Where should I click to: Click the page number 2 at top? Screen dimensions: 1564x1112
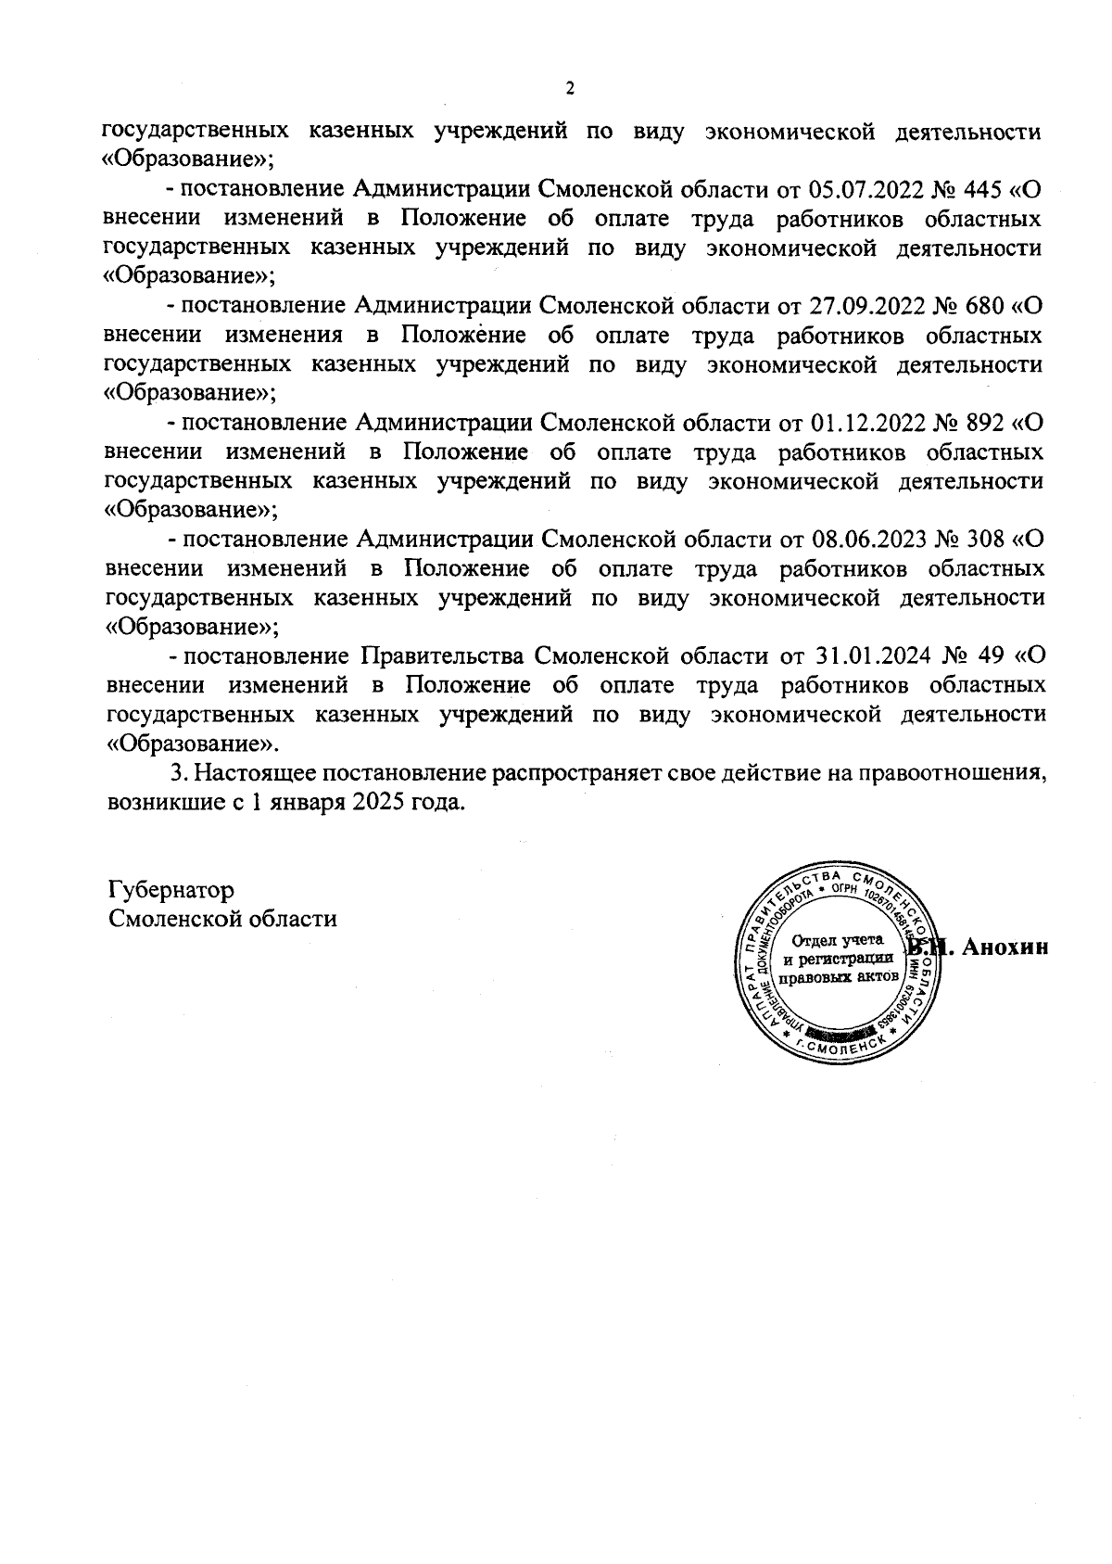click(x=569, y=89)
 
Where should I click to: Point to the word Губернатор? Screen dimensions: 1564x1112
click(x=171, y=890)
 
